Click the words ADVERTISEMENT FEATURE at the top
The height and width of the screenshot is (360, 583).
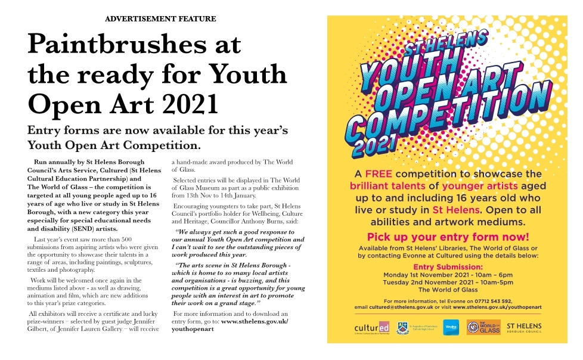pyautogui.click(x=160, y=19)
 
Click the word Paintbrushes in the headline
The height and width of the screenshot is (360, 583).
pyautogui.click(x=135, y=45)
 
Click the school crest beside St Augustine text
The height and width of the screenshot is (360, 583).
pyautogui.click(x=402, y=327)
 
